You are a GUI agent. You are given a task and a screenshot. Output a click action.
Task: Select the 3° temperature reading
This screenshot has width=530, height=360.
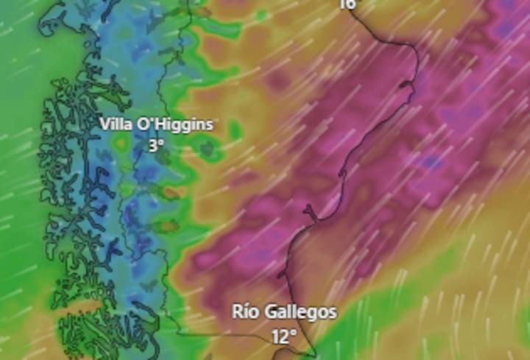coord(155,146)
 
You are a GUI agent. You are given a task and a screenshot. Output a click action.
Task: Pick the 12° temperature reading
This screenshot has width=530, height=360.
coord(283,336)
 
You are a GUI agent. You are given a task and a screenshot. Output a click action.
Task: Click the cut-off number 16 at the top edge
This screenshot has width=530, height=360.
coord(347,4)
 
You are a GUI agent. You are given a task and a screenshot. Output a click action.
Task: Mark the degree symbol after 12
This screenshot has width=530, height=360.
coord(294,333)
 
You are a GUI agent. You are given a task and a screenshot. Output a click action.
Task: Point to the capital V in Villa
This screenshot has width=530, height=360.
coord(105,124)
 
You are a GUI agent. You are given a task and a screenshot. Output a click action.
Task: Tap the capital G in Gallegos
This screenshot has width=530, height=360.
coord(273,311)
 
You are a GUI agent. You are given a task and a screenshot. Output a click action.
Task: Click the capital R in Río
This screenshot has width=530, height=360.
coord(238,311)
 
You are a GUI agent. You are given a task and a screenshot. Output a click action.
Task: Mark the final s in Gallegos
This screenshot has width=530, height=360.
coord(333,313)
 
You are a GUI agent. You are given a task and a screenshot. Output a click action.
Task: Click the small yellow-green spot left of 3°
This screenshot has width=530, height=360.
coord(121,145)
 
